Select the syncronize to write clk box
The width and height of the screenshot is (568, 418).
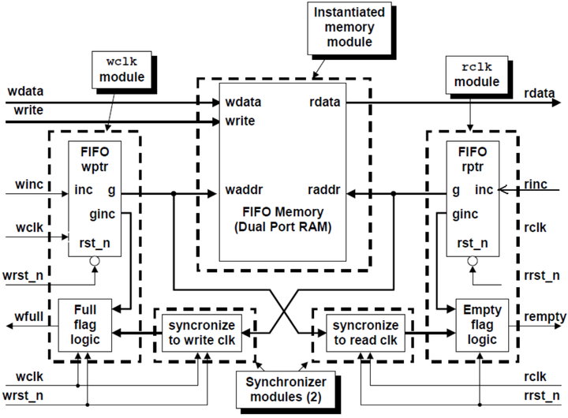pyautogui.click(x=203, y=332)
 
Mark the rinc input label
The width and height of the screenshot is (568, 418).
pyautogui.click(x=537, y=185)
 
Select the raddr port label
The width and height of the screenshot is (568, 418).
pyautogui.click(x=323, y=191)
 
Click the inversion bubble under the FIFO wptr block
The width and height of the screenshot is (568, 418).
pyautogui.click(x=95, y=261)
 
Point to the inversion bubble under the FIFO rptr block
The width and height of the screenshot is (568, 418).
pyautogui.click(x=472, y=261)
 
